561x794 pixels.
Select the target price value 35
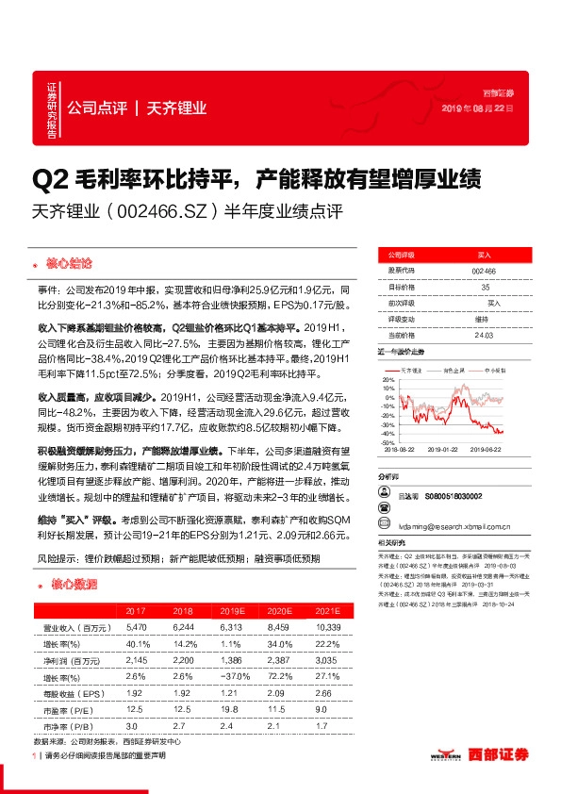coord(483,286)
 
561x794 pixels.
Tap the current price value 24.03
coord(483,334)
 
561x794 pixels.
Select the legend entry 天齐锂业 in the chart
coord(412,371)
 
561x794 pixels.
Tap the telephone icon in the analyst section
coord(384,494)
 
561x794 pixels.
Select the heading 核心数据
coord(72,584)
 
